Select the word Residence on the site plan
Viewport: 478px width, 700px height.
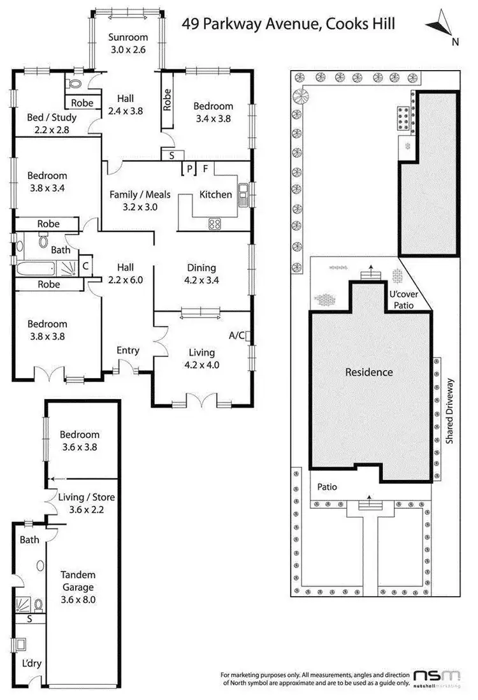368,372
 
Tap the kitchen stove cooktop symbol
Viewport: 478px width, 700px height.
215,223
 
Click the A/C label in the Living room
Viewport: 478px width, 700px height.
236,335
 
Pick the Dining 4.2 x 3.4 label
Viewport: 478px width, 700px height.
201,273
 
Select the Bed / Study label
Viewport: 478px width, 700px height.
52,123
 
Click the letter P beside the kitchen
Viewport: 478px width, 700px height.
189,168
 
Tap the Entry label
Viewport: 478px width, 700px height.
127,350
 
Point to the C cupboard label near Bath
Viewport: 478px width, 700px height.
85,266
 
